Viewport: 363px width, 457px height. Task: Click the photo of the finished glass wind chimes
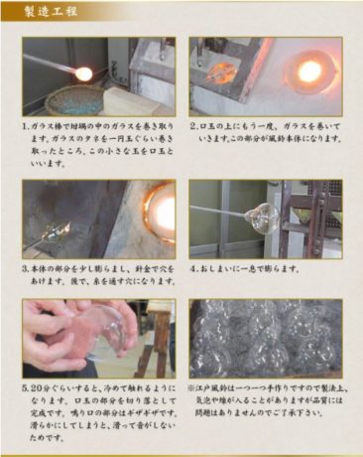(265, 338)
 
